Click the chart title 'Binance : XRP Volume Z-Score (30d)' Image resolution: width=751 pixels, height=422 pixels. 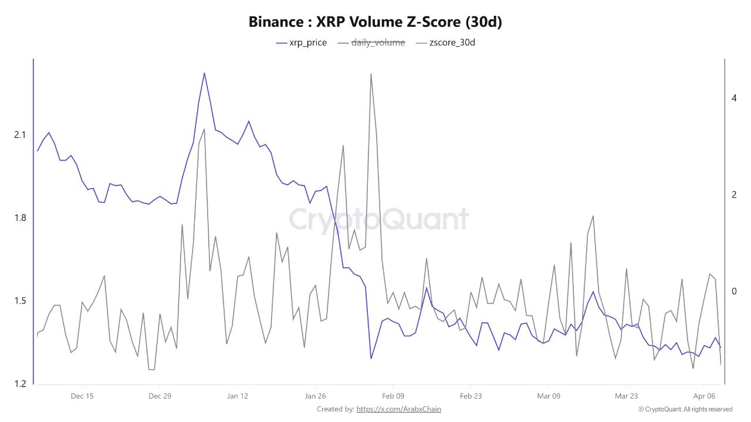click(x=375, y=22)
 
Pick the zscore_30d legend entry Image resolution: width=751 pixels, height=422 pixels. click(x=445, y=43)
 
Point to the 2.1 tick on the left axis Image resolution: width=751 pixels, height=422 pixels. click(x=20, y=135)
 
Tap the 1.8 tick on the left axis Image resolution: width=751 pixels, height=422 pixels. click(x=20, y=218)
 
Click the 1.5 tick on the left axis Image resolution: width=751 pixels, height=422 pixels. click(x=20, y=301)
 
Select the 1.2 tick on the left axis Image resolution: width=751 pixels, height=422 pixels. click(x=20, y=384)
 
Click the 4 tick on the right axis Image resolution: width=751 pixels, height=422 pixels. click(x=734, y=98)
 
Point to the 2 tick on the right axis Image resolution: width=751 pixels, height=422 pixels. click(x=734, y=195)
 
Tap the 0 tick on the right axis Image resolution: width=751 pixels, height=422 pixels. click(x=734, y=291)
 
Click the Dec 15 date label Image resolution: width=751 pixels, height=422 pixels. click(x=82, y=396)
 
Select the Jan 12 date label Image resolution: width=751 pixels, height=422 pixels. click(x=237, y=396)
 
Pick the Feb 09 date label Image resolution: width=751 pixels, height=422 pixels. click(x=393, y=396)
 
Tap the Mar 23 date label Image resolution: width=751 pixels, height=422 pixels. click(x=626, y=396)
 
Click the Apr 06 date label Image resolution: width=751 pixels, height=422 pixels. click(x=703, y=396)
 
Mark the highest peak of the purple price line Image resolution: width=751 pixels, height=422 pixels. click(x=204, y=73)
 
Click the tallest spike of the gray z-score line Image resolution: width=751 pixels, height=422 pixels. click(x=371, y=74)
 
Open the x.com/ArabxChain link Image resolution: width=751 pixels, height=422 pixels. click(x=398, y=409)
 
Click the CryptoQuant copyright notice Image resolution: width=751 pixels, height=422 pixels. click(x=685, y=409)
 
